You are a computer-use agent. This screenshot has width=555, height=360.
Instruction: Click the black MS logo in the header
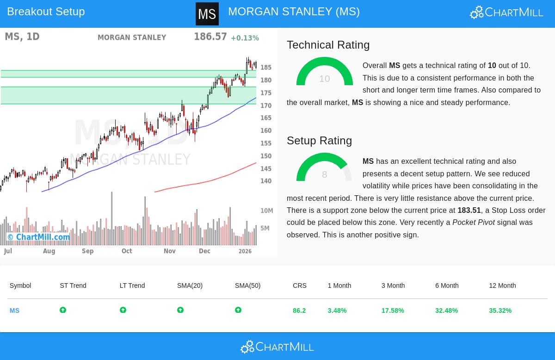tap(207, 14)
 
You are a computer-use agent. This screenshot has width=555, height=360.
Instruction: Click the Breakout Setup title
tap(46, 12)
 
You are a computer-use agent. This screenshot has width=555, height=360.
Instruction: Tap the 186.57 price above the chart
tap(210, 37)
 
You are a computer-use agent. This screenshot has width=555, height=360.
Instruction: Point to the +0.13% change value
tap(245, 38)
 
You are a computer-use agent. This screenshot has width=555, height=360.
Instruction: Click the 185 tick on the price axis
tap(266, 68)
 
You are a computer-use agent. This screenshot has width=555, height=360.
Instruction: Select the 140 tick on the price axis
tap(266, 181)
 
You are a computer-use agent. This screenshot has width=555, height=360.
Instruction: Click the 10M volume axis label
tap(267, 211)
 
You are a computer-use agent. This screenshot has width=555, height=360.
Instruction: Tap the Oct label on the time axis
tap(127, 251)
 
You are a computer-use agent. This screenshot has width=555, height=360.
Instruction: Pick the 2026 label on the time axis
tap(245, 251)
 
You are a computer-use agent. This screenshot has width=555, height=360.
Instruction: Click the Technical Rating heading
tap(328, 45)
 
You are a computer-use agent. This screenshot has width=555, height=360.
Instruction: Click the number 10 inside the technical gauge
tap(324, 79)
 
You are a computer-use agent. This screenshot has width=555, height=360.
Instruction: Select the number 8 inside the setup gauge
tap(324, 174)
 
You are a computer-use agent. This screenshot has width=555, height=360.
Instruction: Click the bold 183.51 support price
tap(469, 211)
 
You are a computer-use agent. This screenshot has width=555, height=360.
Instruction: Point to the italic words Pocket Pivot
tap(473, 223)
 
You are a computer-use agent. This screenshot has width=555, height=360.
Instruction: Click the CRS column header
tap(300, 286)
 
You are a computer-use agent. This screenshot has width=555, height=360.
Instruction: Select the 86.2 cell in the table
tap(299, 310)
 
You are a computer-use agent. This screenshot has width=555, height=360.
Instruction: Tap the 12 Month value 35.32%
tap(500, 310)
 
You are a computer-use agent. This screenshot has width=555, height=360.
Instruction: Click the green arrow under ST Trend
tap(63, 310)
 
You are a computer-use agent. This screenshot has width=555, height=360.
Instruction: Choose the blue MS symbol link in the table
tap(14, 310)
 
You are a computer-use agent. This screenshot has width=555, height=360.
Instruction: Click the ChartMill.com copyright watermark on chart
tap(38, 237)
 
